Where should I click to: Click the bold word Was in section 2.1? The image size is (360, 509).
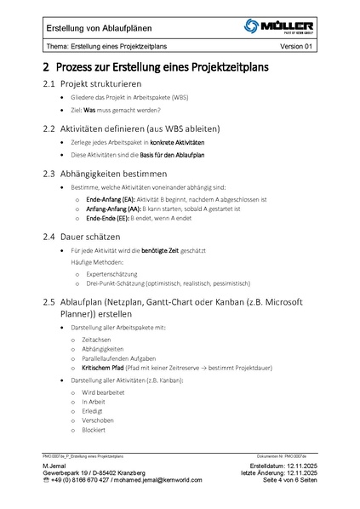(89, 110)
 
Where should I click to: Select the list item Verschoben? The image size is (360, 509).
(97, 420)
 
